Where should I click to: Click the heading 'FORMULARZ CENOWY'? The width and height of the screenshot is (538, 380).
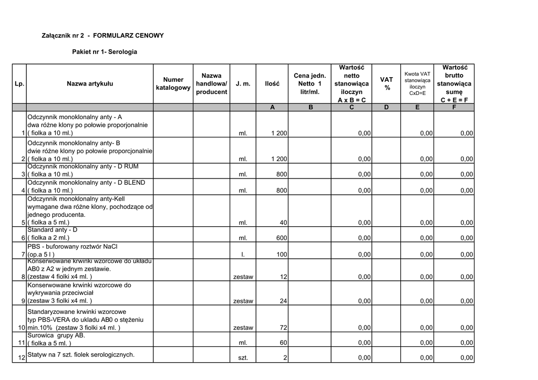point(128,36)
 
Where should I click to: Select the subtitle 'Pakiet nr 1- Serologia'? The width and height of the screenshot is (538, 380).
point(105,52)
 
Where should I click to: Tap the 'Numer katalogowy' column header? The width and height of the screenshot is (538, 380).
point(173,83)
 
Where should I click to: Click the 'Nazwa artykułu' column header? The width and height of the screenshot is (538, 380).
point(89,83)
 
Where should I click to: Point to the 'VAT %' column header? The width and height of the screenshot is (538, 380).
point(386,83)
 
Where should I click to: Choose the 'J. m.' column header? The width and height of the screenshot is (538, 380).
point(243,83)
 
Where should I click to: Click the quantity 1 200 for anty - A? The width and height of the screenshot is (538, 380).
point(279,133)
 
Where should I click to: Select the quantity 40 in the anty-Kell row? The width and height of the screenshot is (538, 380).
point(283,223)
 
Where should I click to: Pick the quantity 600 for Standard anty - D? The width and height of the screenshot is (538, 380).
point(282,238)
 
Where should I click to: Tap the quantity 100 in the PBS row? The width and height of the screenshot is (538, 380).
point(282,255)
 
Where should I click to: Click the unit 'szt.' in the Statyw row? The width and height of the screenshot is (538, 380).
point(243,358)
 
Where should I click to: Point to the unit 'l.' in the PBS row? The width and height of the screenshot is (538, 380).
point(243,255)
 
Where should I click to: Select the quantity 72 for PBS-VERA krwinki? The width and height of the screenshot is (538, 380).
point(283,328)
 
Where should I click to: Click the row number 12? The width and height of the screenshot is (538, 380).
point(22,358)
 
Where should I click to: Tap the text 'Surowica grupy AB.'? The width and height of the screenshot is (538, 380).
point(56,335)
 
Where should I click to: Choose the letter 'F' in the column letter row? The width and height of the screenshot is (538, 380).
point(454,107)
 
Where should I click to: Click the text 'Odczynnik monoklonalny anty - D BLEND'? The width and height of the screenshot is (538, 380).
point(86,182)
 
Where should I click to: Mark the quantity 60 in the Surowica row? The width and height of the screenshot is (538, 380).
point(283,343)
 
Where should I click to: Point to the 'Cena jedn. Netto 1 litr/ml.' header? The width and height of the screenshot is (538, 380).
point(310,83)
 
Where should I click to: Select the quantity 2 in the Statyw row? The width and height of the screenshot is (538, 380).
point(285,358)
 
